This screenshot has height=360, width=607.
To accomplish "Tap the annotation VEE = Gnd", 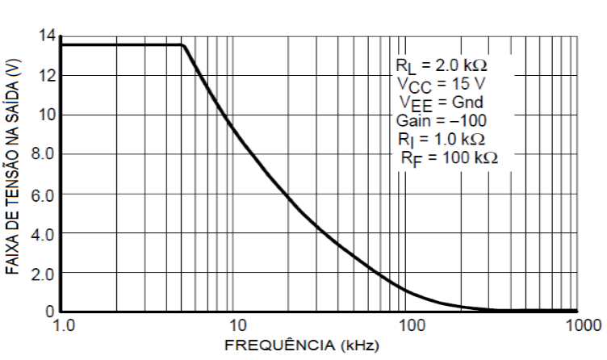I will (x=440, y=102).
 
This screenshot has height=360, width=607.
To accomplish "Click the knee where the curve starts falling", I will (x=184, y=45).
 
